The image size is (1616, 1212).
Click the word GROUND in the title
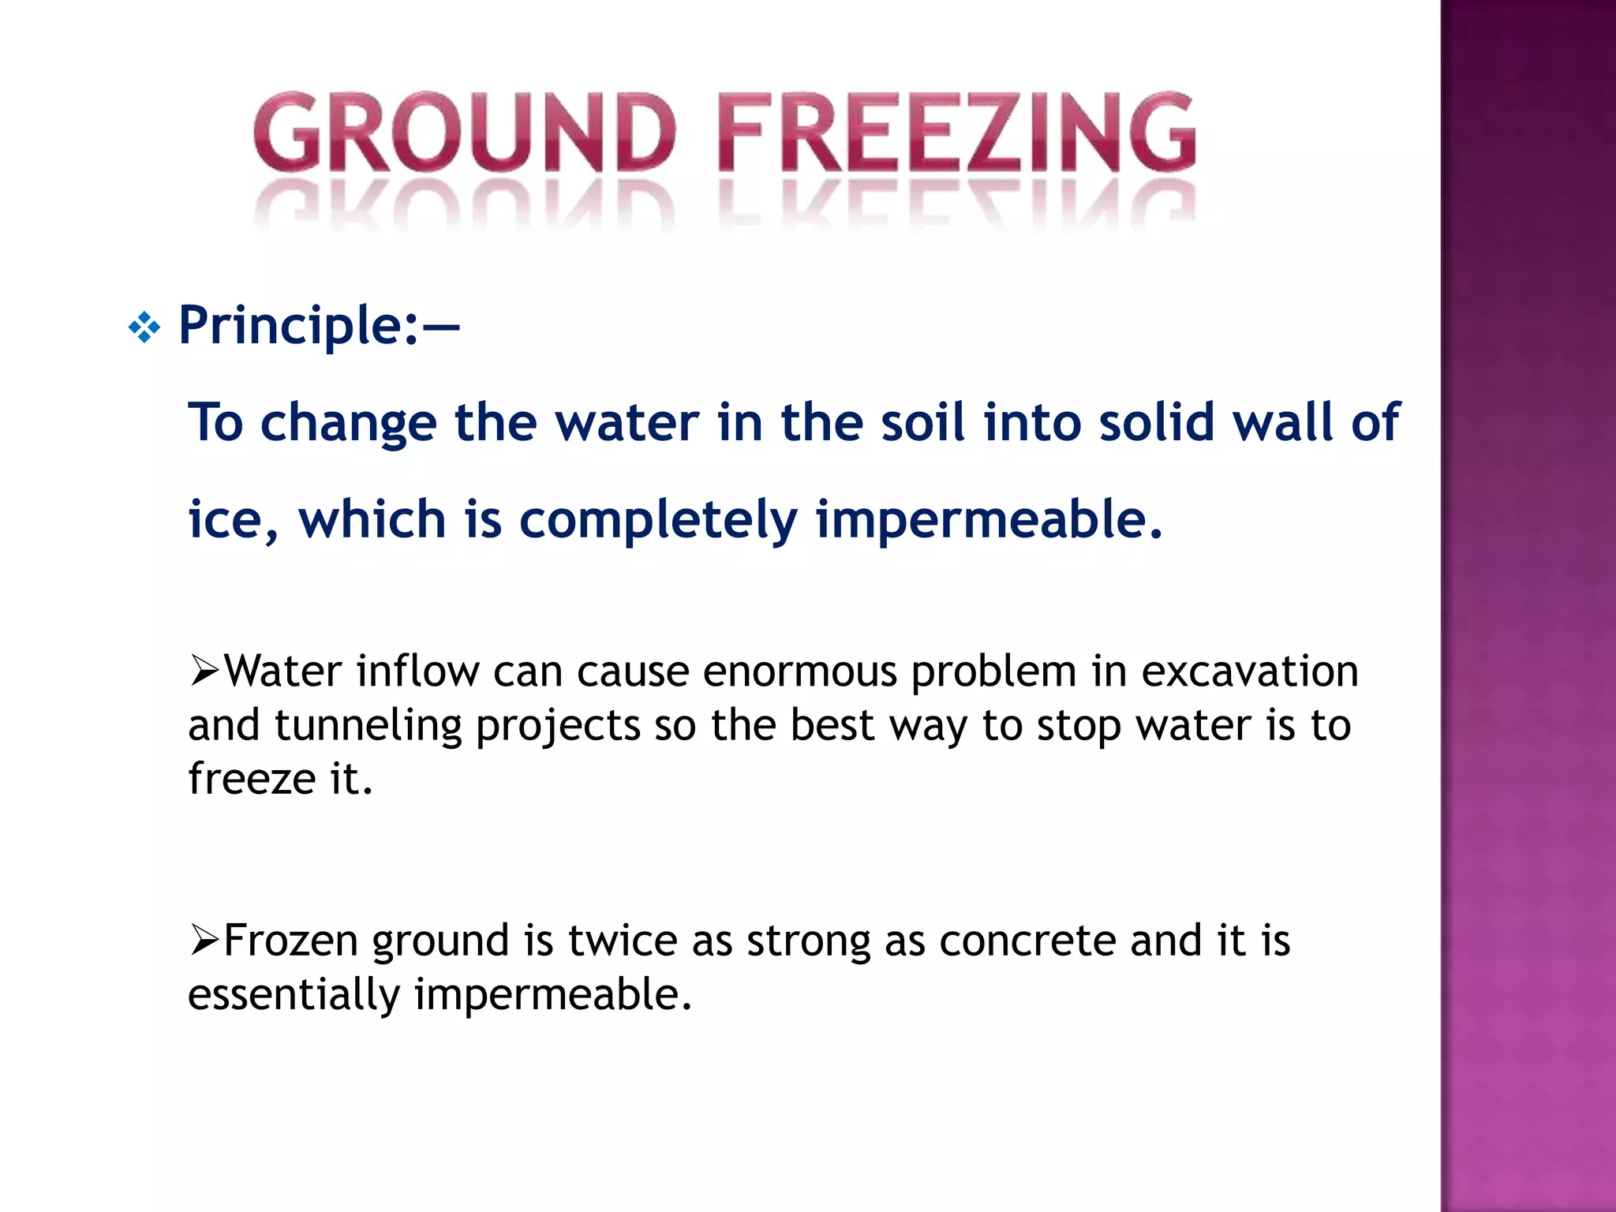tap(464, 133)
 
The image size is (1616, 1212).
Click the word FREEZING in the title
tap(956, 133)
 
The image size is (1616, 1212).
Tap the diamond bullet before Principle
tap(144, 327)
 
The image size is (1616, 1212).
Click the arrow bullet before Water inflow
tap(204, 671)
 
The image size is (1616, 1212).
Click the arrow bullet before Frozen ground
tap(204, 941)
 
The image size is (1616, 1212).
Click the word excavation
tap(1250, 672)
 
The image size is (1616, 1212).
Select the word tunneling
tap(368, 726)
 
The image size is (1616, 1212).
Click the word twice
tap(623, 941)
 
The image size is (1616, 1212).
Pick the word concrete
tap(1027, 941)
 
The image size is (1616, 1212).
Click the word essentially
tap(294, 994)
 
